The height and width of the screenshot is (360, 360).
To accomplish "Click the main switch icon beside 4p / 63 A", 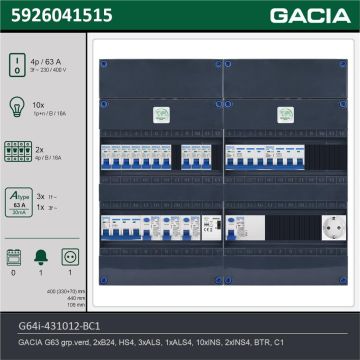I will tap(15, 66).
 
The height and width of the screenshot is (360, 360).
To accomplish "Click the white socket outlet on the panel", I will tap(325, 227).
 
